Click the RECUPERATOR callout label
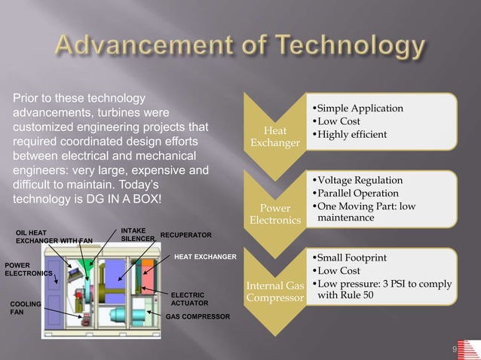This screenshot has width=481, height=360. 185,235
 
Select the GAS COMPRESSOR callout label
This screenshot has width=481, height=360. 198,317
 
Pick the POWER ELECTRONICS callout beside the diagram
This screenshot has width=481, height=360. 27,270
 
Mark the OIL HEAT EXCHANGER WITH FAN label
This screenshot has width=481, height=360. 53,236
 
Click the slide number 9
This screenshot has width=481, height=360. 455,349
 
